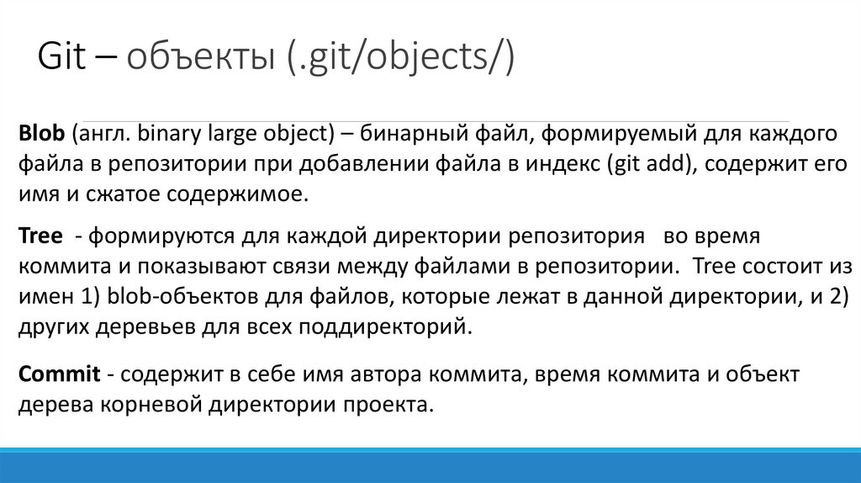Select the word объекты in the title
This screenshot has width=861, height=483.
199,60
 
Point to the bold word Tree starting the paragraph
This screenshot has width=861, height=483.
39,236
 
